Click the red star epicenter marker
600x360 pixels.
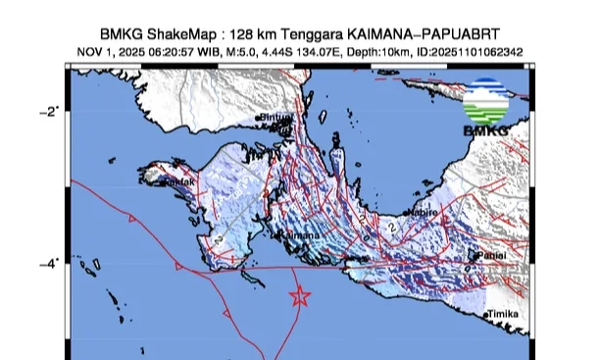coord(301,295)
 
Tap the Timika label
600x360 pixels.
coord(506,313)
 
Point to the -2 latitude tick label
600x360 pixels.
coord(50,110)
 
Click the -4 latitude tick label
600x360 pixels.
coord(50,262)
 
